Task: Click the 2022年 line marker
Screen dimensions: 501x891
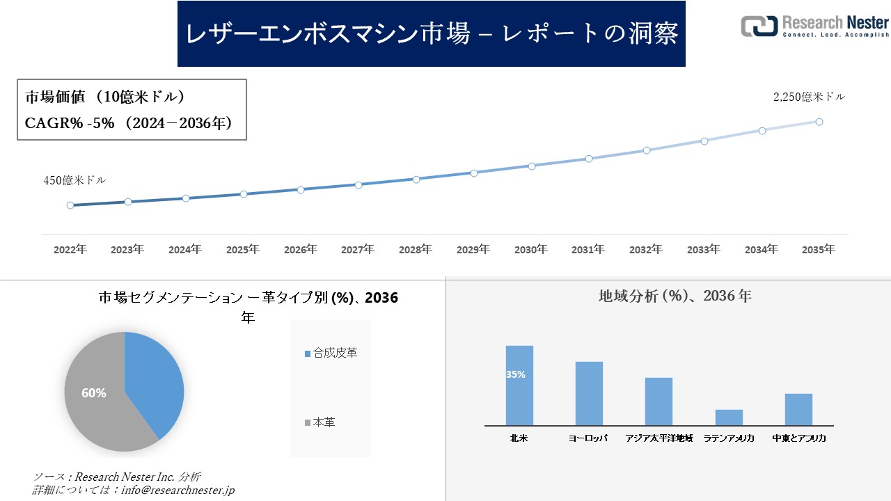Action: (70, 205)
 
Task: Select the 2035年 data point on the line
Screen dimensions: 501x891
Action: (819, 122)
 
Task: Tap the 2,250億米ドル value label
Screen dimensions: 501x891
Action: (809, 97)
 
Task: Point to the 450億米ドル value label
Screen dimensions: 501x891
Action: (74, 180)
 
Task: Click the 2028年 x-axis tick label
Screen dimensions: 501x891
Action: (416, 249)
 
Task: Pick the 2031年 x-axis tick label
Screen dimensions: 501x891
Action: (588, 249)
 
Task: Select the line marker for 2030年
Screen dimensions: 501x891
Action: (531, 166)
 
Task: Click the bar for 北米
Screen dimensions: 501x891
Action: (519, 386)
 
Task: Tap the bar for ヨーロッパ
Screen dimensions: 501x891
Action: (589, 393)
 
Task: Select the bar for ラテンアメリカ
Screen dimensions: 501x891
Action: (729, 417)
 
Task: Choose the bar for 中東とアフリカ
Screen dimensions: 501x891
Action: (798, 409)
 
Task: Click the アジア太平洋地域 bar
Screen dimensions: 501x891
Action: (659, 401)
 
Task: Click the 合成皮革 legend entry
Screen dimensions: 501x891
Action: (331, 353)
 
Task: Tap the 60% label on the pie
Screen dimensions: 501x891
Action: (94, 393)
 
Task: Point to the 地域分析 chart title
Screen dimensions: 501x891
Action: (675, 296)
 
